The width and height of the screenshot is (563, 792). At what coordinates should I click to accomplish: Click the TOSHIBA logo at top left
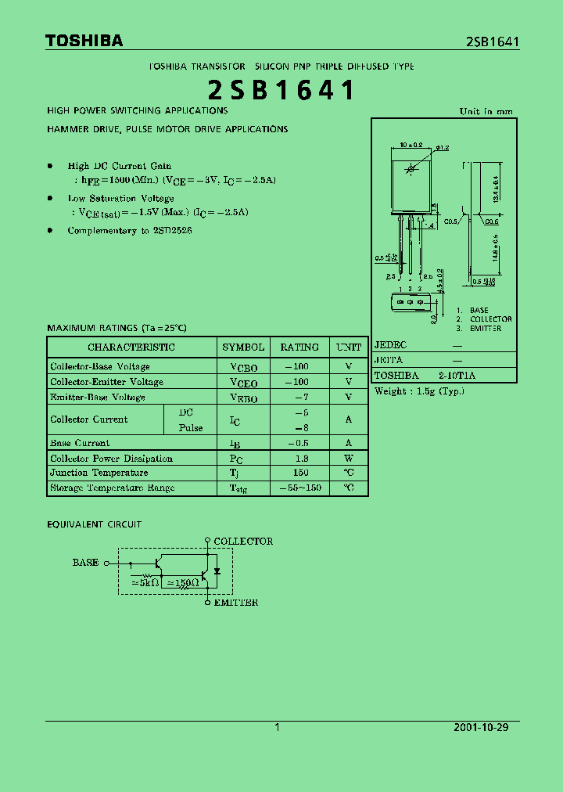point(84,41)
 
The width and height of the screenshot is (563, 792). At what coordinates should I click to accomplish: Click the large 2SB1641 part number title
point(281,91)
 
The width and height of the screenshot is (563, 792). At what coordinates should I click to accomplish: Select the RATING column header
point(299,347)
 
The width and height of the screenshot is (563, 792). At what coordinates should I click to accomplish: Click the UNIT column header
point(349,347)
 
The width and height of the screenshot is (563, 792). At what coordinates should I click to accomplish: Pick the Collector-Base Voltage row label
point(100,366)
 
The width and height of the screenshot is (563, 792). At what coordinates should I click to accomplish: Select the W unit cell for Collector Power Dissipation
point(349,459)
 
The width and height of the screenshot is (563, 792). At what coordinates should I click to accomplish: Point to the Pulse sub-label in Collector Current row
point(191,428)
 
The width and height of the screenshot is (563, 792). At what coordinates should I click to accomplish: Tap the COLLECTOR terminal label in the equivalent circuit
point(243,541)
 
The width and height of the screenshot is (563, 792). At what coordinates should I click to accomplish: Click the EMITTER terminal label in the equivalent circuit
point(235,603)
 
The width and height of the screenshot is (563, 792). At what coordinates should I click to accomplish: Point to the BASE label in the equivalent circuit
point(86,563)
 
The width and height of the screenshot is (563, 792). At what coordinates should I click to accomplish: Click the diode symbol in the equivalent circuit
point(217,571)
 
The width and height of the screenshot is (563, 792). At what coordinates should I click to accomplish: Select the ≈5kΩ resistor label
point(145,583)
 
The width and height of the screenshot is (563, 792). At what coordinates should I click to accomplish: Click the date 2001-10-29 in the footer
point(481,727)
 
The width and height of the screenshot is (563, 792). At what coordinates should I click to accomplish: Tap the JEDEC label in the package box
point(391,344)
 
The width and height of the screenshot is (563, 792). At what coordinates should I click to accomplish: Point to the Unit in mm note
point(486,111)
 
